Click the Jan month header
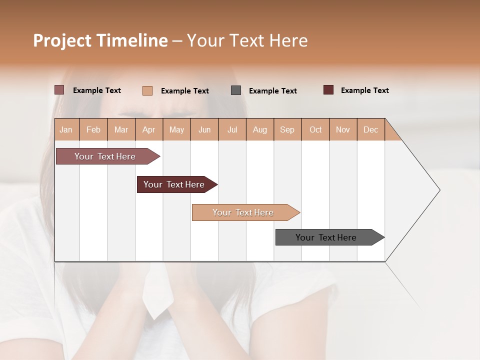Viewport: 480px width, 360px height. (x=66, y=129)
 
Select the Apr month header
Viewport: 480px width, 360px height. (x=148, y=129)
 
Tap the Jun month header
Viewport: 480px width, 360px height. (x=204, y=129)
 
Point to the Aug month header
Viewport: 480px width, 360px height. (x=259, y=129)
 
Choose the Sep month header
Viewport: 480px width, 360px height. (x=287, y=129)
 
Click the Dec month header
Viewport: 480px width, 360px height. (x=370, y=129)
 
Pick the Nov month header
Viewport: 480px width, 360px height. (x=342, y=129)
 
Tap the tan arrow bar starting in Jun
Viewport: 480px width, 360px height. (x=243, y=212)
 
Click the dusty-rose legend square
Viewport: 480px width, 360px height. (x=59, y=90)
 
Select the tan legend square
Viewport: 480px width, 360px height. (x=147, y=90)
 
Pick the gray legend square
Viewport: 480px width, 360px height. (x=236, y=90)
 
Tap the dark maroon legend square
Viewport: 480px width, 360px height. (x=328, y=90)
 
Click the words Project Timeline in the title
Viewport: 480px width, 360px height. (x=100, y=40)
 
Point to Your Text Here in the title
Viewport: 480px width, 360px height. (x=247, y=40)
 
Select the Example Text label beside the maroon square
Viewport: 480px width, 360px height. (x=364, y=90)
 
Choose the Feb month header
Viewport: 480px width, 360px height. (x=93, y=129)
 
